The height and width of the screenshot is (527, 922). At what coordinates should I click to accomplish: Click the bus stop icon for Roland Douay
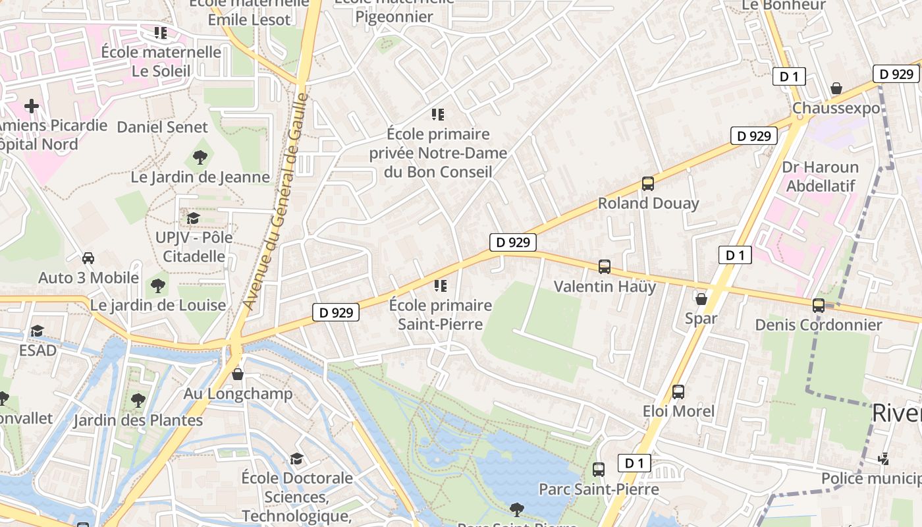click(648, 184)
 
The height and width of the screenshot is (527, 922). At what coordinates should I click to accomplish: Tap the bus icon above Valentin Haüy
click(605, 267)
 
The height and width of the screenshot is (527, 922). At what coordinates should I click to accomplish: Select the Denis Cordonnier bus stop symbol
click(819, 306)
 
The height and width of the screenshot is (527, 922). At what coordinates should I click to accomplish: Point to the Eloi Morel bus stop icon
click(678, 392)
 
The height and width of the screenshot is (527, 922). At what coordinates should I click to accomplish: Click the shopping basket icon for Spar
click(701, 299)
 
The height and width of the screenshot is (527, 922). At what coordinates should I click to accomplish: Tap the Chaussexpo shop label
click(836, 108)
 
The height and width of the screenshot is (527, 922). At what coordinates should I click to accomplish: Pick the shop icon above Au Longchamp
click(238, 374)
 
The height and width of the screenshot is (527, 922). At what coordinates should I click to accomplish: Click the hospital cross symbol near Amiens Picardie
click(32, 105)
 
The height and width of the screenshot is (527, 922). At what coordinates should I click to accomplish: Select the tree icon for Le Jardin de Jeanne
click(200, 157)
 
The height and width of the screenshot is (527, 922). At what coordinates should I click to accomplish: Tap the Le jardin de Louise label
click(158, 306)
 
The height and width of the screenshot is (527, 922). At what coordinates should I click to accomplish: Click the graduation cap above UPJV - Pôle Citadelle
click(193, 218)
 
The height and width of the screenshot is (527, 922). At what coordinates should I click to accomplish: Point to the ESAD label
click(38, 350)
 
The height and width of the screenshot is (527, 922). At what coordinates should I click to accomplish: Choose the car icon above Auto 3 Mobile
click(88, 258)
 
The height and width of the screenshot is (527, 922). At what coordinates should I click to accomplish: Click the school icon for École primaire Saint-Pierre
click(440, 286)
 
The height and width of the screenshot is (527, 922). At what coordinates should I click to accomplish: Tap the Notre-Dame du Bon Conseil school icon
click(438, 115)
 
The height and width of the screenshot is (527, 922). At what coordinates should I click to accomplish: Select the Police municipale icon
click(884, 458)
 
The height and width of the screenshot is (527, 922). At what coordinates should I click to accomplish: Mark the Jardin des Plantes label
click(138, 420)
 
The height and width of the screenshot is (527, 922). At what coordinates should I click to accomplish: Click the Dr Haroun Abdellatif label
click(820, 177)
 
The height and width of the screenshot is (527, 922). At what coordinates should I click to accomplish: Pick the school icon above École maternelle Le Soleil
click(161, 32)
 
